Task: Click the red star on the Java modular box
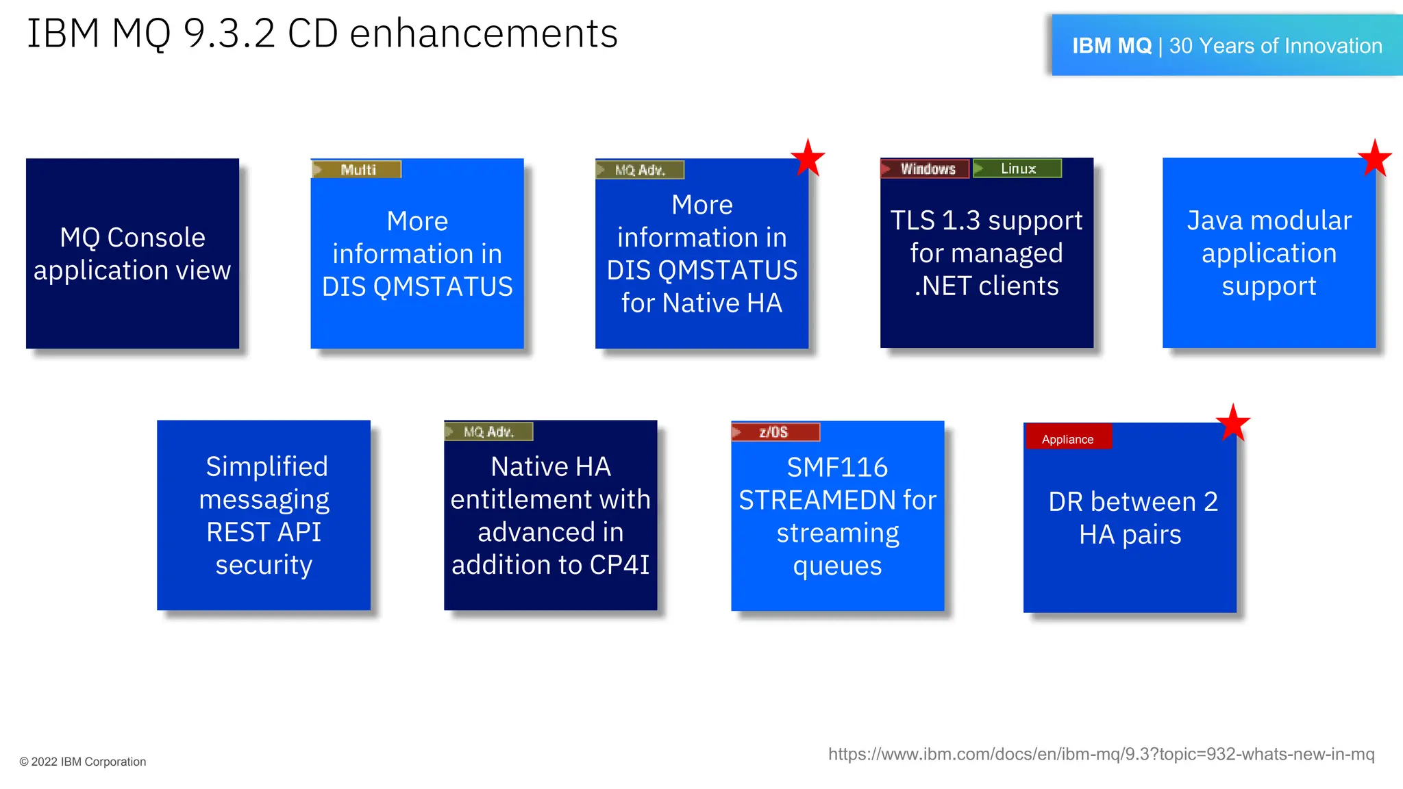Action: [1374, 159]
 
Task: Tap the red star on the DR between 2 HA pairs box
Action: [1232, 423]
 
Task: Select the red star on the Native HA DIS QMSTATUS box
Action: [808, 158]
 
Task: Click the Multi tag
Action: [357, 169]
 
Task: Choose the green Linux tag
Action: [1017, 168]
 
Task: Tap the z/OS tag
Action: [775, 432]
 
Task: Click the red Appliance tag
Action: [1067, 439]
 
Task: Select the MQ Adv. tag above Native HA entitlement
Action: [488, 431]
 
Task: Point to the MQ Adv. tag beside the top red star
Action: [640, 170]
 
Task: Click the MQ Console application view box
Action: [132, 253]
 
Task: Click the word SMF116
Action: [836, 468]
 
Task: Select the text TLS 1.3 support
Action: [986, 221]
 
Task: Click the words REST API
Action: [264, 532]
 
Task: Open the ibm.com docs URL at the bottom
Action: [1101, 754]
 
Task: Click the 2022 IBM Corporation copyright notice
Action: [83, 762]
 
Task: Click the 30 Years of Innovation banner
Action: [1226, 46]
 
